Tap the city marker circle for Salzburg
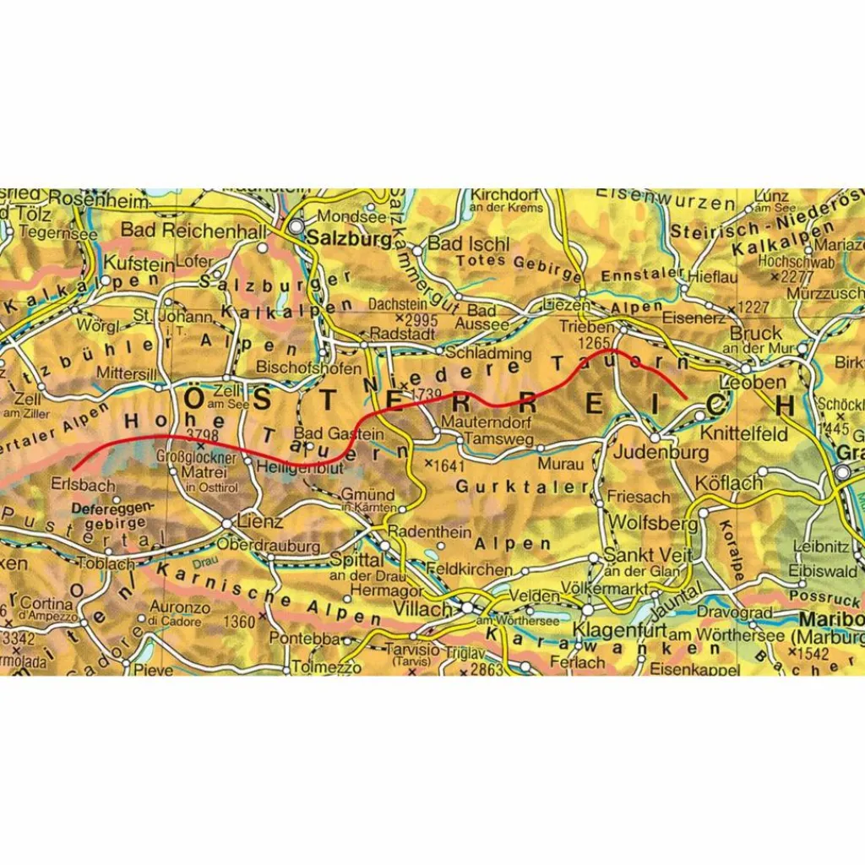296,227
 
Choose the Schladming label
488,352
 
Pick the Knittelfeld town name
743,434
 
